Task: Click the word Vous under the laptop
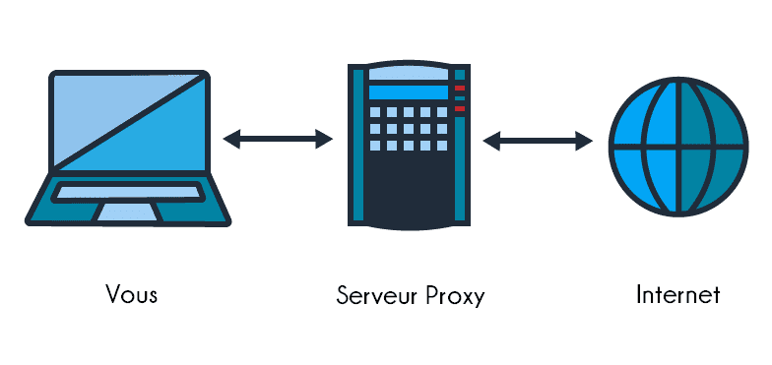tap(131, 294)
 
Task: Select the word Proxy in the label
tap(455, 295)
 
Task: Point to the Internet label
tap(678, 294)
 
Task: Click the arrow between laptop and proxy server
tap(278, 140)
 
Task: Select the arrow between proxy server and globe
tap(538, 142)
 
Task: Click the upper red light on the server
tap(459, 89)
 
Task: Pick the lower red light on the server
tap(459, 107)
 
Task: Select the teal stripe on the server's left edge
tap(357, 148)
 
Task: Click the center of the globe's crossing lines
tap(678, 148)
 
